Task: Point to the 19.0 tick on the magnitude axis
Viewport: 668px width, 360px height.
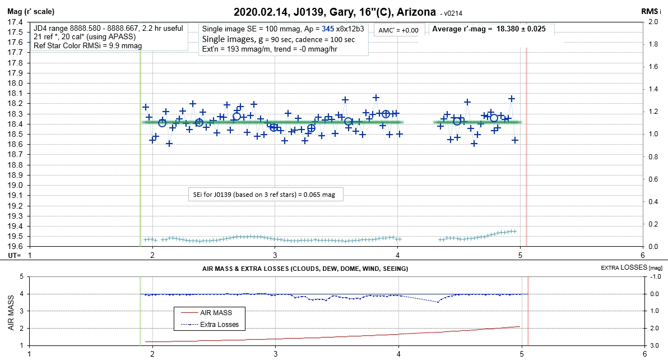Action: click(x=15, y=185)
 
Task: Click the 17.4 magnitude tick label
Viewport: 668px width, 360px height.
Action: click(x=15, y=22)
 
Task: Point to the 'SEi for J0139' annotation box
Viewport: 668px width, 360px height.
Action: click(x=266, y=195)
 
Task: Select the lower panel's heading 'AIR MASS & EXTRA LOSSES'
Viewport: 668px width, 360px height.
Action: click(x=305, y=269)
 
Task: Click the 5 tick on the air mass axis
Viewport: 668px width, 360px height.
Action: click(x=22, y=276)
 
